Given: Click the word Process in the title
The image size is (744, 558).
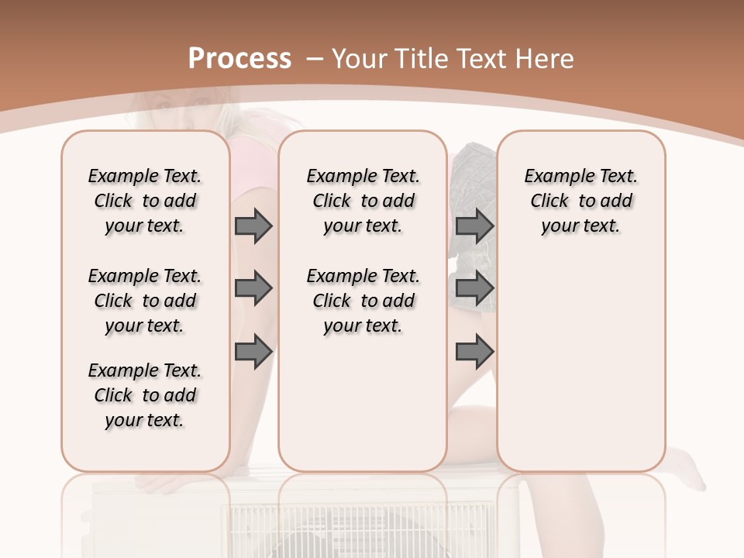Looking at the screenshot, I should pyautogui.click(x=239, y=59).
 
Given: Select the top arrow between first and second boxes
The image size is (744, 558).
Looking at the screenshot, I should pyautogui.click(x=253, y=226).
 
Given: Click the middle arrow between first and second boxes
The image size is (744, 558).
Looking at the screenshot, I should pyautogui.click(x=253, y=289).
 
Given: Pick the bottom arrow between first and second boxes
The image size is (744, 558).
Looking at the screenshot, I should pyautogui.click(x=253, y=352).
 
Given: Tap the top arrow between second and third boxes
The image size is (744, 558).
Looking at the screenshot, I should pyautogui.click(x=474, y=226).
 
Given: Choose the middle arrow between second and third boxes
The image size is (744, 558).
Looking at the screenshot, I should pyautogui.click(x=474, y=289).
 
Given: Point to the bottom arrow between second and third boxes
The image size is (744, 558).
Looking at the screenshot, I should pyautogui.click(x=474, y=352).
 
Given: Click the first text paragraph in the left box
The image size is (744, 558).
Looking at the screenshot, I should pyautogui.click(x=145, y=201).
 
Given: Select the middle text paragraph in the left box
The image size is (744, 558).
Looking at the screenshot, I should pyautogui.click(x=145, y=301).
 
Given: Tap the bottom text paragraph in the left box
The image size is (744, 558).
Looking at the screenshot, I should pyautogui.click(x=145, y=395).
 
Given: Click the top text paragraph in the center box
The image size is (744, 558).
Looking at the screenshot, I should pyautogui.click(x=363, y=201).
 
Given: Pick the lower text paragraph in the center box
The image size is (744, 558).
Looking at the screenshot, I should pyautogui.click(x=363, y=301).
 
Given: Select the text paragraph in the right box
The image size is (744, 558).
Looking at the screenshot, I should pyautogui.click(x=581, y=201).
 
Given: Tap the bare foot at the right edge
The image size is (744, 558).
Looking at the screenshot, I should pyautogui.click(x=687, y=468).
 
